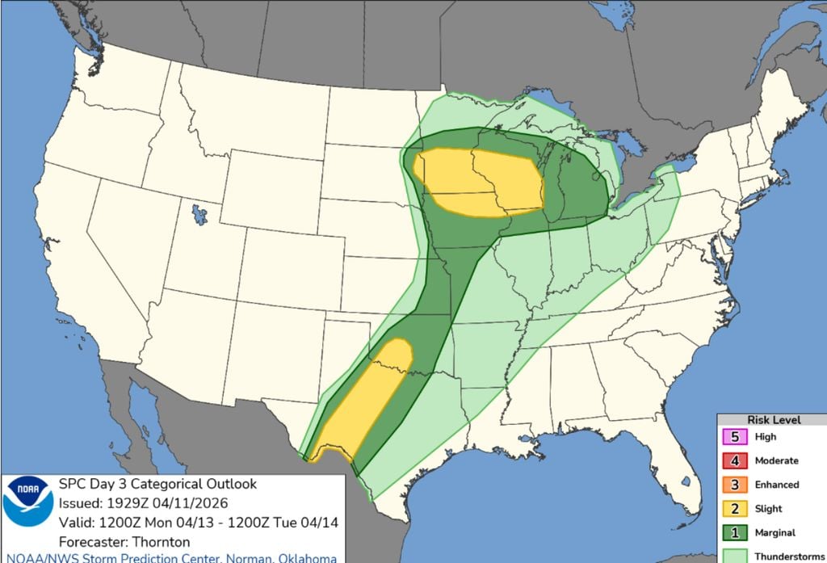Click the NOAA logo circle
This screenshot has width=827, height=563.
tap(27, 502)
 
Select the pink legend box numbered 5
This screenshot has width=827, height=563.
tap(734, 437)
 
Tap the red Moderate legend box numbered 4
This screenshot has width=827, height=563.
tap(734, 460)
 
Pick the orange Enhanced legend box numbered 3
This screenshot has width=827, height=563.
tap(734, 485)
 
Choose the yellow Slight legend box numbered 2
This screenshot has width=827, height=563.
tap(734, 509)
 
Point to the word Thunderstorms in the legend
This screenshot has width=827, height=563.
tap(784, 556)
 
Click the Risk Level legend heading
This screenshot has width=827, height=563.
tap(774, 420)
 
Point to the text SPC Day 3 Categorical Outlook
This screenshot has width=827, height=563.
tap(157, 485)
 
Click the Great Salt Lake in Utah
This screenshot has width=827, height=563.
tap(198, 215)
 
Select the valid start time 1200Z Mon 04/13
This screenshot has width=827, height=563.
tap(143, 522)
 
